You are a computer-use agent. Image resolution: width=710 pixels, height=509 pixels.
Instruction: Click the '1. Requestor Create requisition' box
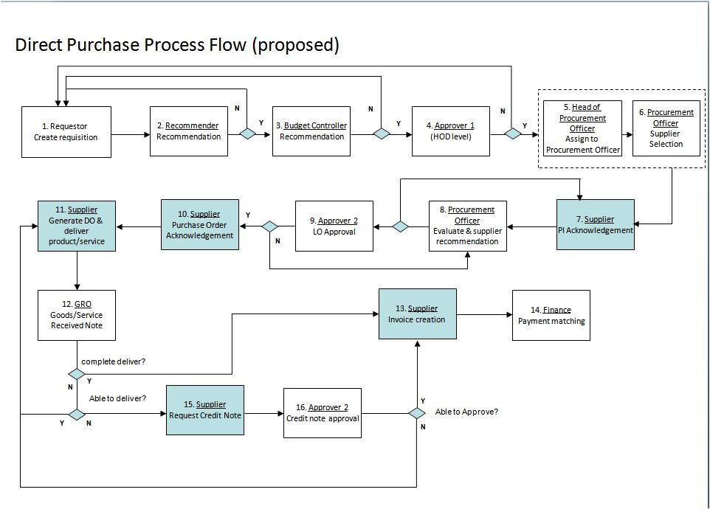click(x=66, y=131)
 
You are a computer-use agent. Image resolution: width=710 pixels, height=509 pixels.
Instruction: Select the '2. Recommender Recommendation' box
click(x=188, y=131)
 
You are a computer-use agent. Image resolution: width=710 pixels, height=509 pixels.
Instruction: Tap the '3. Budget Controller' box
click(x=311, y=131)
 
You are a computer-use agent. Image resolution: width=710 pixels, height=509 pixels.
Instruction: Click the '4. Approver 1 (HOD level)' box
click(x=450, y=131)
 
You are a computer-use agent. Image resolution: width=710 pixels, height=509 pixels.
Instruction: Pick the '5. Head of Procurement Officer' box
click(x=582, y=128)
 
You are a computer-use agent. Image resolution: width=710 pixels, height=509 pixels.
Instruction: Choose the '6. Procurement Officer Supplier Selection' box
click(x=666, y=128)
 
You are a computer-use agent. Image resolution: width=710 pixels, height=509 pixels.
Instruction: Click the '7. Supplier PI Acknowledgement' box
click(x=596, y=224)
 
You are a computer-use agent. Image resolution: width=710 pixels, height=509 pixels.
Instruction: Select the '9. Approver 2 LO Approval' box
click(x=334, y=226)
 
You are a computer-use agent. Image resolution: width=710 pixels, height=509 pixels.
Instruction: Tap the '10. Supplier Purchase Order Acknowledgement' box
click(x=200, y=224)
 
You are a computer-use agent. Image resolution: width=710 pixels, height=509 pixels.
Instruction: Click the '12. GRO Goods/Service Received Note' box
click(x=77, y=315)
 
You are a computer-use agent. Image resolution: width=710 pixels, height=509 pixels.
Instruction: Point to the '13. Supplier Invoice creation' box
click(x=418, y=314)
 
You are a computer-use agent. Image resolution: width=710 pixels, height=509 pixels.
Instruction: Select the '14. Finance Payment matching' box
click(x=551, y=315)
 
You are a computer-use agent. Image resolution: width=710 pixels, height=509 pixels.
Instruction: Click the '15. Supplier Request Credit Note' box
click(x=205, y=409)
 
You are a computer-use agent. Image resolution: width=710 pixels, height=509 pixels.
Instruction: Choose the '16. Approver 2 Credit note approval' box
click(x=323, y=412)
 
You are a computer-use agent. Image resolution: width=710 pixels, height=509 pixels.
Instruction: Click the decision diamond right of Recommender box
click(x=247, y=134)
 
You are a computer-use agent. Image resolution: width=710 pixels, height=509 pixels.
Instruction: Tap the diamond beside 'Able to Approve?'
click(x=418, y=414)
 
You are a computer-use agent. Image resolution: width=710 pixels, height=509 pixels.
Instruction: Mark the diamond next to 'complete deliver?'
click(x=77, y=374)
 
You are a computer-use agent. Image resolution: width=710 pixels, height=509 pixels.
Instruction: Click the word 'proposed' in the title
click(x=296, y=45)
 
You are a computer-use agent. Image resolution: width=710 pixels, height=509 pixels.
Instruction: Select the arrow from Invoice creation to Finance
click(x=484, y=315)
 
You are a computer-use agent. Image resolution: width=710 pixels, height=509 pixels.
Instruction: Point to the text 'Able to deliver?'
click(x=117, y=398)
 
